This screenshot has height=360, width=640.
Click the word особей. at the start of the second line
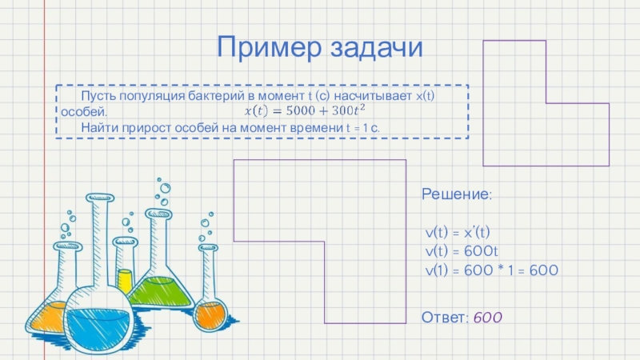click(83, 110)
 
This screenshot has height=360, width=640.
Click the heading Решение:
click(457, 194)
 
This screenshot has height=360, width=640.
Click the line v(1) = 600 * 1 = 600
click(490, 270)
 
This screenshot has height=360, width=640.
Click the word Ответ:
click(446, 318)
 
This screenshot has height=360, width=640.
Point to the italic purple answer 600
click(487, 318)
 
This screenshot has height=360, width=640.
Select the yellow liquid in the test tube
click(125, 280)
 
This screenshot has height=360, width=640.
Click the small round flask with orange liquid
click(210, 312)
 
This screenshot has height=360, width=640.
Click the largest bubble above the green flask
click(165, 188)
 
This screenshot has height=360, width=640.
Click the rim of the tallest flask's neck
click(100, 198)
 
